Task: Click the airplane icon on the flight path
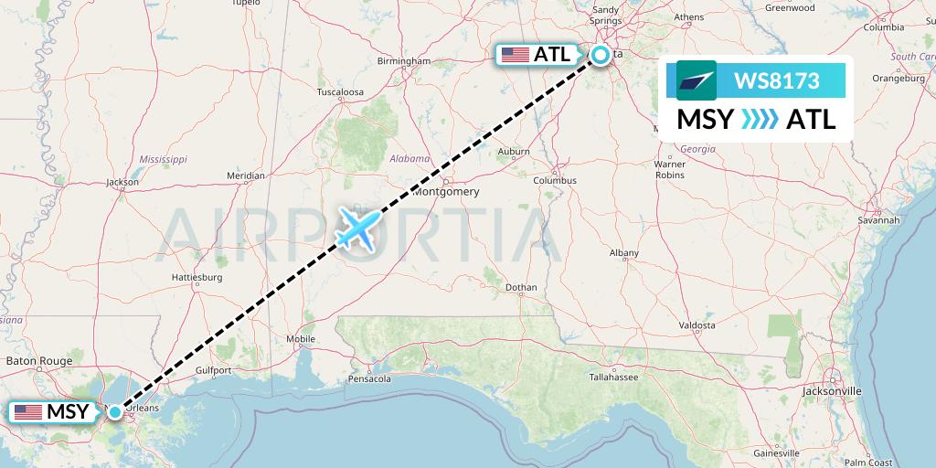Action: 357,227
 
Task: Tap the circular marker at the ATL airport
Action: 601,55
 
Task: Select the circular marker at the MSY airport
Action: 115,412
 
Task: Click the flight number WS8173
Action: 776,80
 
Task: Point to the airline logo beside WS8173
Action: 697,80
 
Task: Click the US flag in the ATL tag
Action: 516,55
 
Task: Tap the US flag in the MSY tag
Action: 28,412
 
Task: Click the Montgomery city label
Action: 446,192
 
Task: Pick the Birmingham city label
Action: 404,61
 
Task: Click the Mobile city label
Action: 300,339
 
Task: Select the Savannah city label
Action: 879,220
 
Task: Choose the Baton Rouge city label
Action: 38,362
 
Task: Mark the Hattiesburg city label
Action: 197,276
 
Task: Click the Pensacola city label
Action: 369,378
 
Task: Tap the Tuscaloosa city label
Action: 340,92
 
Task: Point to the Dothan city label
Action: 522,287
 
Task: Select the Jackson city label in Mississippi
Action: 122,182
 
